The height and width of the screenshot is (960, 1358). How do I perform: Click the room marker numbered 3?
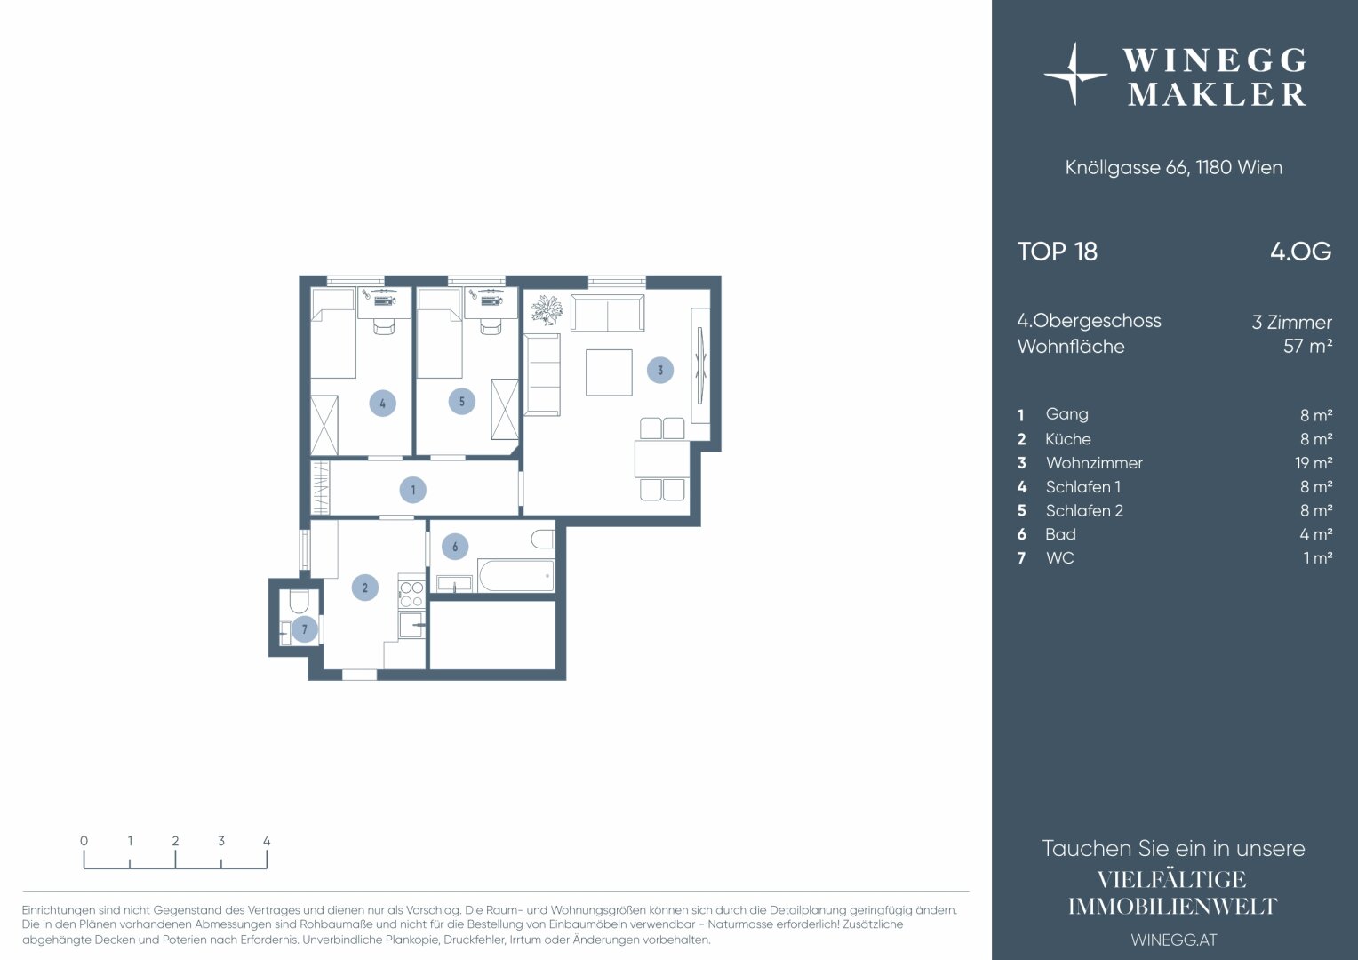point(660,370)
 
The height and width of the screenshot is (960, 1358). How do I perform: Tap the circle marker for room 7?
point(304,629)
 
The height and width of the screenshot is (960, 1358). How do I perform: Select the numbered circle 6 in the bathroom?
point(455,547)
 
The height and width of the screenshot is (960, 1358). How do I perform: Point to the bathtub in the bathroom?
point(516,575)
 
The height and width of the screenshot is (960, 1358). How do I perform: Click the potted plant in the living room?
point(547,310)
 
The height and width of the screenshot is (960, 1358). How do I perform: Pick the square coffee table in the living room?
point(609,372)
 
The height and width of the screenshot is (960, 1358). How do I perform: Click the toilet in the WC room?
point(299,600)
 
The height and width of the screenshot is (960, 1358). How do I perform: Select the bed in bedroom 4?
point(332,333)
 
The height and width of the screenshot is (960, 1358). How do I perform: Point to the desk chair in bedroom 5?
point(491,327)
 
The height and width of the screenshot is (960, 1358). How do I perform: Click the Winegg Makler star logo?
point(1074,75)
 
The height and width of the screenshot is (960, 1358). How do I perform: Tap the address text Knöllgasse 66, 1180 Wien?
point(1174,167)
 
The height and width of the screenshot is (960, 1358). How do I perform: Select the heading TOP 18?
point(1058,252)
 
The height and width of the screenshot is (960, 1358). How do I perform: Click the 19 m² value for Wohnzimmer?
point(1314,463)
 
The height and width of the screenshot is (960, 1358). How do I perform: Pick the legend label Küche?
point(1067,439)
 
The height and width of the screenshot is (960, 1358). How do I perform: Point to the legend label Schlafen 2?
point(1084,510)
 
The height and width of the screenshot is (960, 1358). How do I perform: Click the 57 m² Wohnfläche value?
point(1307,347)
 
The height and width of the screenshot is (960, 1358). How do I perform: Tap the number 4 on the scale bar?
point(267,841)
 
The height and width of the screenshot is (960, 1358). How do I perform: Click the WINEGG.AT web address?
point(1174,940)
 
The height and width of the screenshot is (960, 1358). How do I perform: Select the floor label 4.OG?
point(1301,252)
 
